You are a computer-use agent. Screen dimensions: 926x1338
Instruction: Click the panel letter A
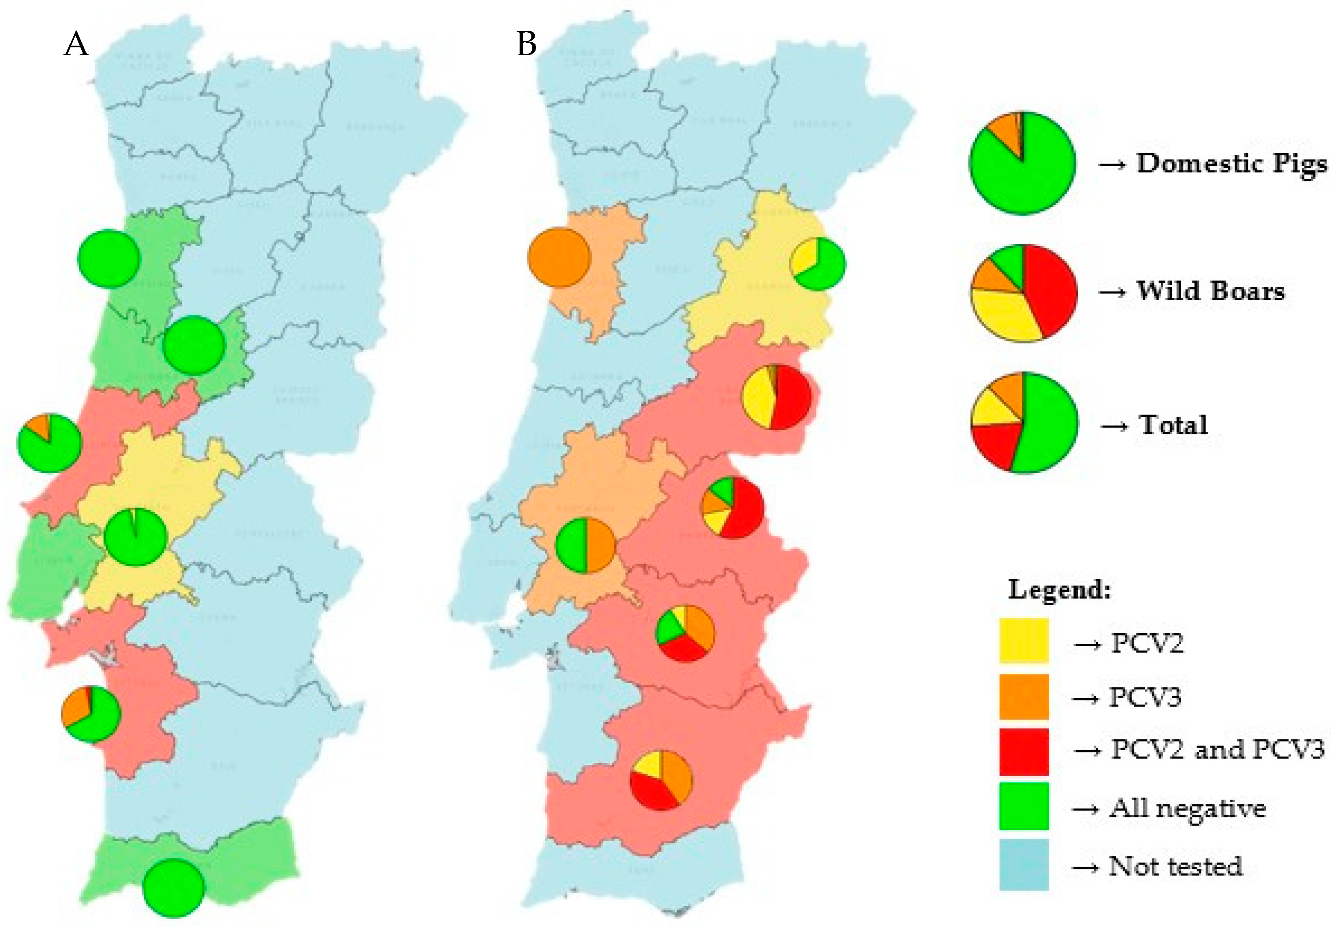(x=76, y=44)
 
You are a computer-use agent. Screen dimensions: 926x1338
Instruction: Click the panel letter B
(x=526, y=44)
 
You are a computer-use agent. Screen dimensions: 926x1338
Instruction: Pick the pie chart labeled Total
(x=1025, y=423)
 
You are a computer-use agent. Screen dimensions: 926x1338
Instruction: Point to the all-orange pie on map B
(x=559, y=258)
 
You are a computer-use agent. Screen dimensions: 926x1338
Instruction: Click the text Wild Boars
(x=1210, y=291)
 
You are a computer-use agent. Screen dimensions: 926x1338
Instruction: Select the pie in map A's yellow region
(x=136, y=537)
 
